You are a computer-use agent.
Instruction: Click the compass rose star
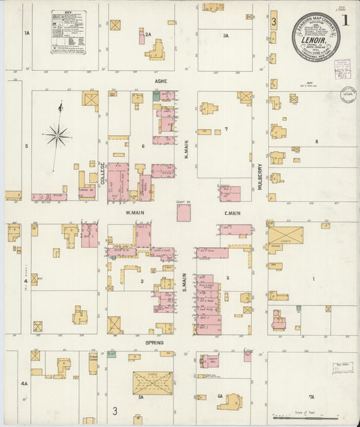(58, 136)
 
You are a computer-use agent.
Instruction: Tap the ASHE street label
(160, 81)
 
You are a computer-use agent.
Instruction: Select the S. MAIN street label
(183, 280)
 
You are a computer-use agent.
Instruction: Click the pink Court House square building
(184, 214)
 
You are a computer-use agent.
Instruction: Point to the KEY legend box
(68, 32)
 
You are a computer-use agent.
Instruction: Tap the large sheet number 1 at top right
(345, 20)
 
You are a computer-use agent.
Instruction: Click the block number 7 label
(226, 129)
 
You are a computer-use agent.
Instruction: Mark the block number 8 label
(316, 141)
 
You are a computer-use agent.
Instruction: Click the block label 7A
(311, 397)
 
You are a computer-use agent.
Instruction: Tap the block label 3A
(226, 35)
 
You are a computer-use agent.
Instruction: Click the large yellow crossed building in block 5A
(152, 382)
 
